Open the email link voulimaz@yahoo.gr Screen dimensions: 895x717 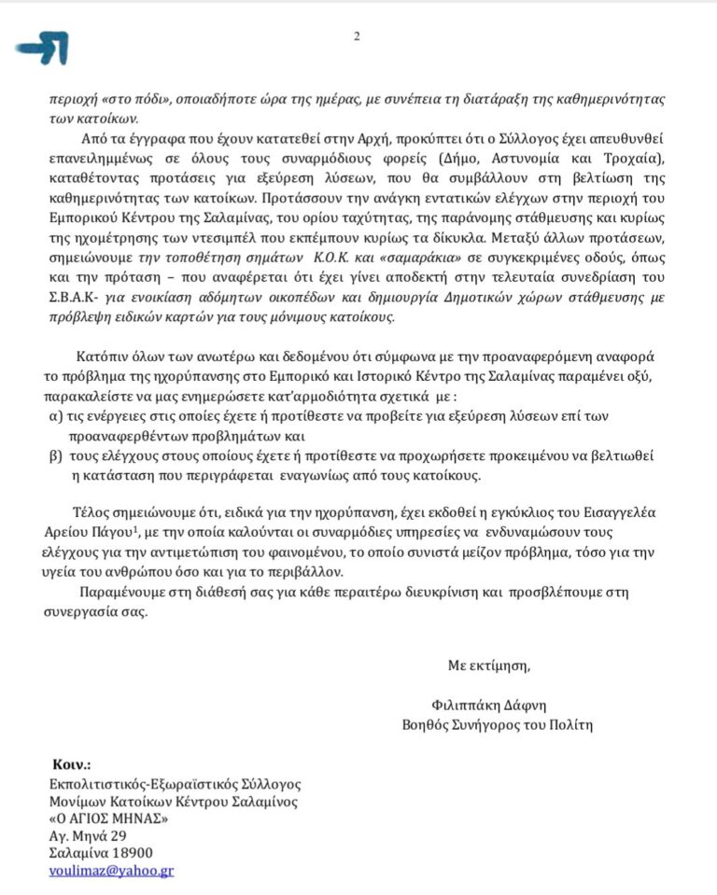point(111,870)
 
